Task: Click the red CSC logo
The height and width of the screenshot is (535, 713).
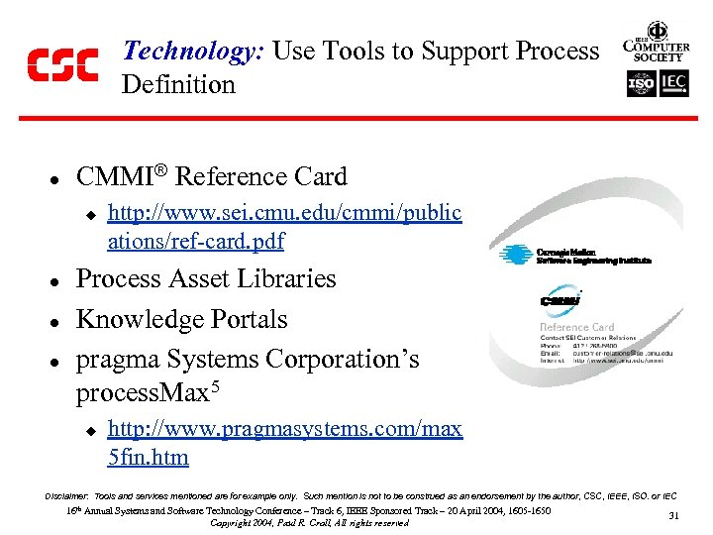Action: pos(61,65)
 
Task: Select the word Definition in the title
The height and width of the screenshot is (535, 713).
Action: pos(178,85)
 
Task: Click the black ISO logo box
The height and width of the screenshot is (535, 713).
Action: pos(641,84)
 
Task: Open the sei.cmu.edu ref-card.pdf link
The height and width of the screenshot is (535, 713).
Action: pos(283,227)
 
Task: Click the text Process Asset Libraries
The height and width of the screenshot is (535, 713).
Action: pos(206,279)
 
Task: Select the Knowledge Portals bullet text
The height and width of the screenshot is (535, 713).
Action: pos(182,320)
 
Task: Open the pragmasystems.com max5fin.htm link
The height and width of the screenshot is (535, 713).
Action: pos(283,443)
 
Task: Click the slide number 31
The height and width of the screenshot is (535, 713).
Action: pos(673,515)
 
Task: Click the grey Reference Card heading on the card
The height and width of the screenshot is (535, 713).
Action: pos(576,327)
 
